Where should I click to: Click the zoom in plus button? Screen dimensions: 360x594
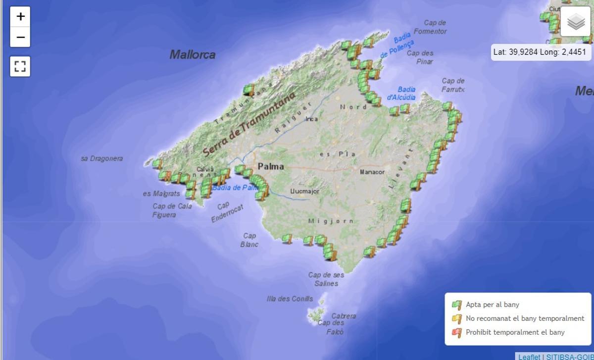[20, 17]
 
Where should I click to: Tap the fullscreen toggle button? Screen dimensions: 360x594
[20, 66]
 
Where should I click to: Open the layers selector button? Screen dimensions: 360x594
[575, 22]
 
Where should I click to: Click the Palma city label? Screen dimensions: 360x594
[271, 166]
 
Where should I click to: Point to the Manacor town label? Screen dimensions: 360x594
[372, 172]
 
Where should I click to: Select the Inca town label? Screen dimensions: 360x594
[311, 119]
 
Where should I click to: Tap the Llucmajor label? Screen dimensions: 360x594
[305, 191]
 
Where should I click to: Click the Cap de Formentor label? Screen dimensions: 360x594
[430, 27]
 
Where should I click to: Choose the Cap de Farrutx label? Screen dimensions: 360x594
[453, 85]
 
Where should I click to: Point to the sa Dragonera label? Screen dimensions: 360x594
[102, 158]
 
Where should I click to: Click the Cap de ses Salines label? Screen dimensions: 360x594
[326, 279]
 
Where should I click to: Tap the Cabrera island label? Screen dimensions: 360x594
[344, 316]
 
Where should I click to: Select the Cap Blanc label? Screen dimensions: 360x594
[249, 240]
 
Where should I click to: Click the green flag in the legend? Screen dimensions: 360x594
[456, 305]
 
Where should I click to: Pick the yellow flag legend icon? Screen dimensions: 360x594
[456, 318]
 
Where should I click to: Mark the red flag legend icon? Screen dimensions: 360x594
[456, 332]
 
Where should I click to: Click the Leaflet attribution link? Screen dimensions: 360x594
[529, 357]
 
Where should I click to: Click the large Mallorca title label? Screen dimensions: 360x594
[193, 54]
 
